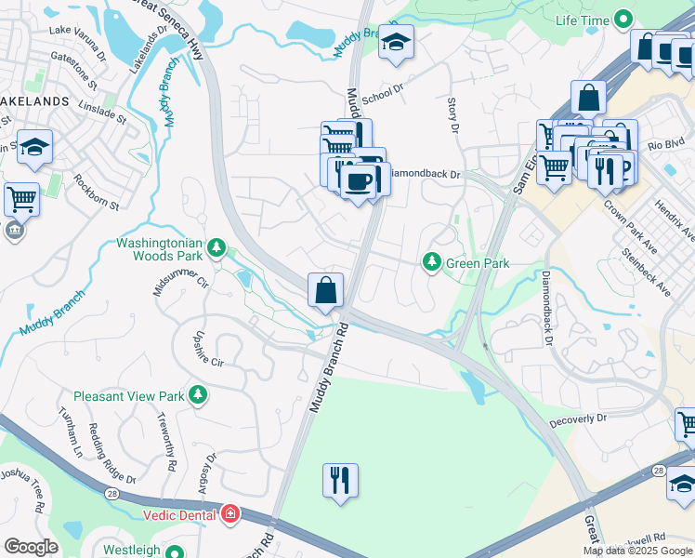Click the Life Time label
click(x=582, y=20)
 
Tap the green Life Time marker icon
click(x=622, y=20)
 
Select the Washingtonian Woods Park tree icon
click(x=216, y=247)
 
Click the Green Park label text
click(x=478, y=263)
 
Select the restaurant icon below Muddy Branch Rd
click(x=340, y=480)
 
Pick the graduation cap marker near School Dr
click(x=397, y=42)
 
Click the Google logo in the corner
click(x=31, y=547)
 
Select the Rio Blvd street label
click(x=665, y=143)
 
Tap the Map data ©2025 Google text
click(x=637, y=550)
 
